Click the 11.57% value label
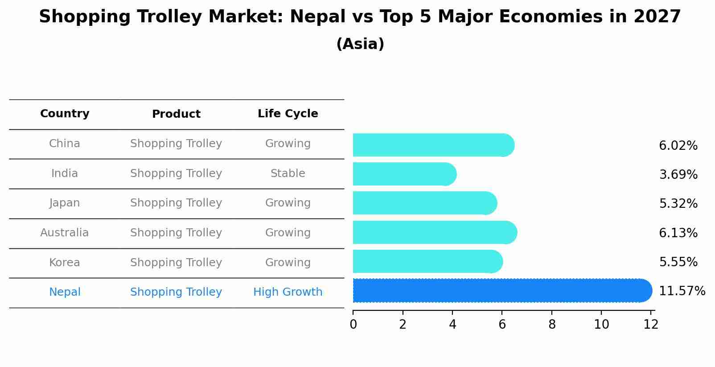tap(682, 291)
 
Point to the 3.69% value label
tap(678, 174)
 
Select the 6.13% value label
tap(678, 233)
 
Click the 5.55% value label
tap(678, 262)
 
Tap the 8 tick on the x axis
tap(552, 324)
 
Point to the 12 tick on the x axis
tap(651, 324)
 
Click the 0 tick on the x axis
tap(353, 324)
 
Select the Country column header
tap(65, 114)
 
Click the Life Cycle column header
tap(288, 114)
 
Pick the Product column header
tap(176, 114)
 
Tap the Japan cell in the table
tap(65, 203)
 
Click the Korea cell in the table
tap(65, 263)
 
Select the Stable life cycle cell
tap(288, 173)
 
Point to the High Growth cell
tap(288, 292)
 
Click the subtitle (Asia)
tap(360, 44)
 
